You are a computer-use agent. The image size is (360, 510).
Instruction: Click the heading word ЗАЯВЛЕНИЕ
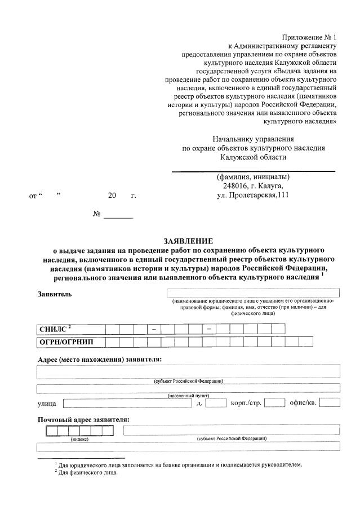(x=180, y=241)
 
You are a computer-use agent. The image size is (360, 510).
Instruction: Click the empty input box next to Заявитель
(x=253, y=292)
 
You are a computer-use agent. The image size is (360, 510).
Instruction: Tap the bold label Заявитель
(x=55, y=294)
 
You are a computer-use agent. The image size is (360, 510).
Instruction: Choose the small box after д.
(x=216, y=402)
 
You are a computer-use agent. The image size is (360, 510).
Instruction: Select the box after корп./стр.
(x=274, y=402)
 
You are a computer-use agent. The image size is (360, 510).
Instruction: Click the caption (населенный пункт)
(x=188, y=396)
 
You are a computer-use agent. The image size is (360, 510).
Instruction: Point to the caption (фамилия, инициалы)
(x=253, y=176)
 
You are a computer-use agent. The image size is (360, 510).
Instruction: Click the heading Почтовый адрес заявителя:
(x=83, y=419)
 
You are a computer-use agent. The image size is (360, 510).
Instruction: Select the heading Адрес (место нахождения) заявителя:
(x=100, y=359)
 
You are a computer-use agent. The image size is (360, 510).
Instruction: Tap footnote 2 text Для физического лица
(x=88, y=472)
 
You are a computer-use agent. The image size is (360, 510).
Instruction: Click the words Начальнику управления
(x=253, y=139)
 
